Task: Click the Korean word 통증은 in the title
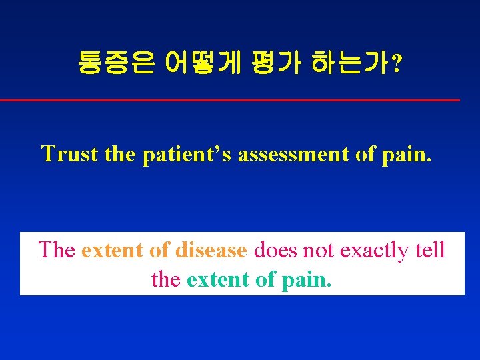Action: coord(116,63)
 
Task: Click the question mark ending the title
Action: coord(397,64)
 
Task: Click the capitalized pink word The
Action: coord(57,250)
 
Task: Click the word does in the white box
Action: coord(276,250)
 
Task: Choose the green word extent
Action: coord(218,279)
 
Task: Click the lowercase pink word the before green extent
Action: coord(166,279)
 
